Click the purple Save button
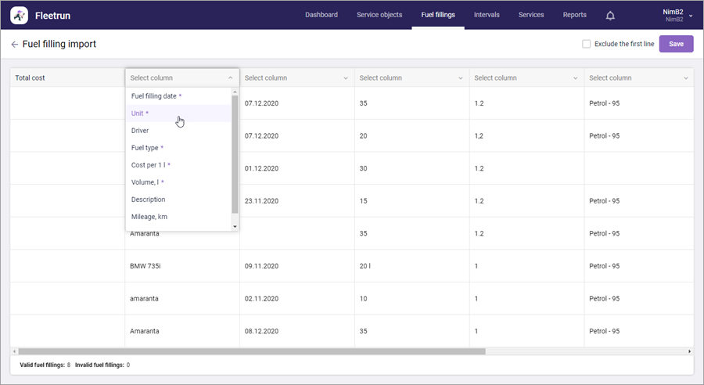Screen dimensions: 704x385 click(676, 44)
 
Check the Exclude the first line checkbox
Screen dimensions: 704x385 click(587, 44)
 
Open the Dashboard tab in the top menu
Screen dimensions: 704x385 click(321, 15)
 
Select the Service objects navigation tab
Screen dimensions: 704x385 click(379, 15)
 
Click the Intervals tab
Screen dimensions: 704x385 click(487, 15)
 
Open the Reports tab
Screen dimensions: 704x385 click(575, 15)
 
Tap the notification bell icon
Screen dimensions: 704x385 click(610, 16)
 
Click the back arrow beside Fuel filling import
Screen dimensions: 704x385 click(15, 44)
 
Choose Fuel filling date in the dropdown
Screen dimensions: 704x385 click(153, 96)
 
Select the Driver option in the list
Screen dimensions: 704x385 click(140, 131)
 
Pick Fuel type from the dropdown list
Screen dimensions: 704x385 click(145, 148)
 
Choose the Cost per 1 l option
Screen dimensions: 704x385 click(148, 165)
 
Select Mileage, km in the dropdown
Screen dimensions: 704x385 click(149, 217)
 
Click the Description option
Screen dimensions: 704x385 click(148, 200)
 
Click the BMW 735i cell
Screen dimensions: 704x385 click(145, 266)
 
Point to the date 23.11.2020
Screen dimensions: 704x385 click(261, 201)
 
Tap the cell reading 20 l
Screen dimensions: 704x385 click(365, 266)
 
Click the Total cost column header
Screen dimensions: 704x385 click(30, 77)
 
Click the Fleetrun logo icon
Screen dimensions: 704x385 click(20, 16)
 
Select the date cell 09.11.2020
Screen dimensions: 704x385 click(261, 266)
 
